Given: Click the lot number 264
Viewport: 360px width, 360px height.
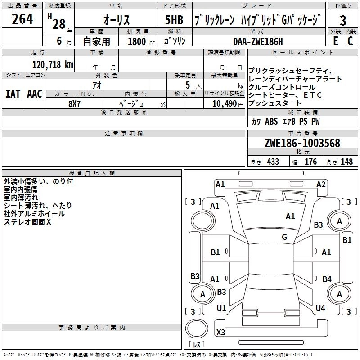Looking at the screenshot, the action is point(22,19).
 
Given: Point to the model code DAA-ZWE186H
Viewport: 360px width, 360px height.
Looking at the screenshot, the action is point(258,41).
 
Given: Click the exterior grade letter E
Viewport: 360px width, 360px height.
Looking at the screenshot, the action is point(335,41).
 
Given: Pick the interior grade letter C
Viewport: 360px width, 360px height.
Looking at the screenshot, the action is point(350,41).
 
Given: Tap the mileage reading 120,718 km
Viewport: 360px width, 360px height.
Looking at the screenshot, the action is point(53,64).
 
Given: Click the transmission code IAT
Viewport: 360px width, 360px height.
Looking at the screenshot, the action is point(13,94).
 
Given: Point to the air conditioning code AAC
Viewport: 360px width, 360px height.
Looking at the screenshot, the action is point(35,94).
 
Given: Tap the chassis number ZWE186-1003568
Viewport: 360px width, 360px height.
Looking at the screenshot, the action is point(302,144).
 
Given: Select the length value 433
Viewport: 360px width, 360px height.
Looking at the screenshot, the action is point(273,162).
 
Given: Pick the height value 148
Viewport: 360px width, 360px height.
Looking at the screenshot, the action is point(346,162).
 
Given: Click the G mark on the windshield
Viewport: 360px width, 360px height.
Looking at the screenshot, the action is point(284,237).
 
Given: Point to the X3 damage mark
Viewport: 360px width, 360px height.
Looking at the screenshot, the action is point(220,333).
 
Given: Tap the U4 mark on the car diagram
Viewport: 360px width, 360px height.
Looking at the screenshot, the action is point(320,308).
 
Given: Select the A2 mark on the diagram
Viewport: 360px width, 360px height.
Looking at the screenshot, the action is point(321,184).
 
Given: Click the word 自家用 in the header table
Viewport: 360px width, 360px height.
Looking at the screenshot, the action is point(96,42).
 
